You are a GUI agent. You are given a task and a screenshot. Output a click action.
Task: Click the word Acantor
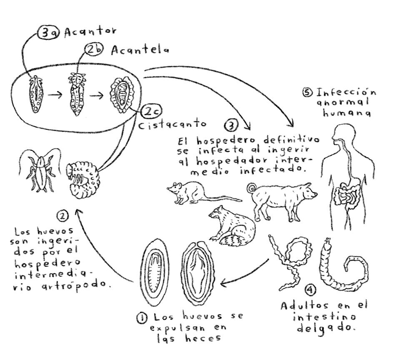(x=90, y=32)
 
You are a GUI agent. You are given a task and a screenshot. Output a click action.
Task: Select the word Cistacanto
(x=171, y=124)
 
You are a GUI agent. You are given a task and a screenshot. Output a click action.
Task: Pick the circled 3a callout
(x=49, y=33)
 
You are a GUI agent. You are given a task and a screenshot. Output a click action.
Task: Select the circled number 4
(x=310, y=290)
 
